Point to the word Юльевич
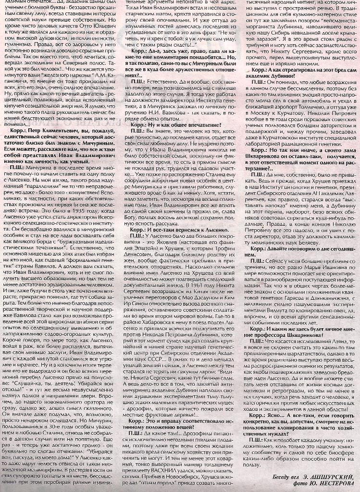103,33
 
